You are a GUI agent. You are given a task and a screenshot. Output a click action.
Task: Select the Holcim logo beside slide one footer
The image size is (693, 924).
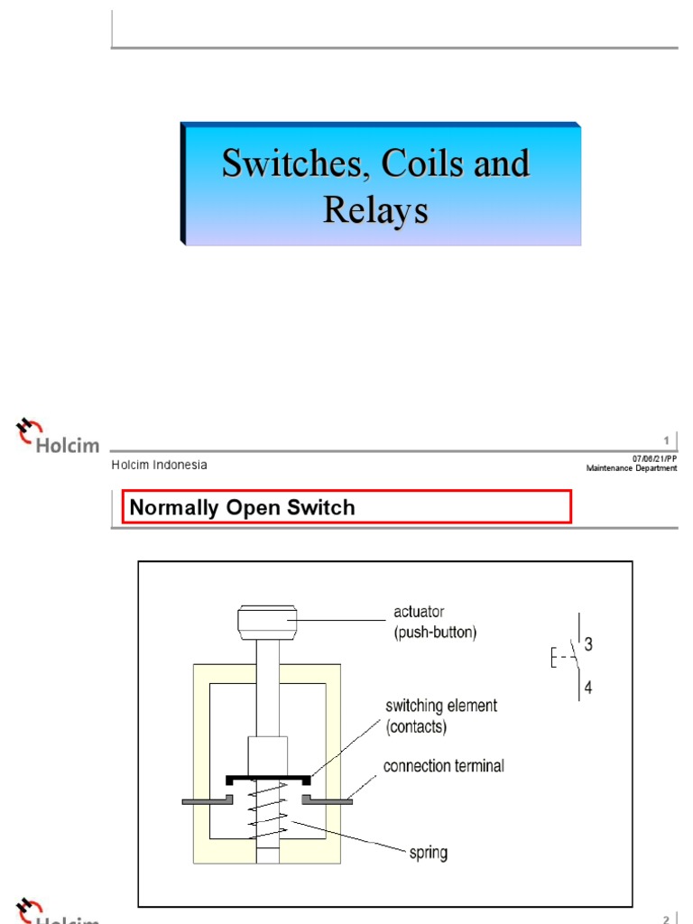tap(56, 437)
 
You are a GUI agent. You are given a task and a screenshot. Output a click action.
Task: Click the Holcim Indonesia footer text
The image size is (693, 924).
tap(159, 465)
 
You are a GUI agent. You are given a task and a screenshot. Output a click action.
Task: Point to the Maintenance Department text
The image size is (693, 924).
tap(631, 468)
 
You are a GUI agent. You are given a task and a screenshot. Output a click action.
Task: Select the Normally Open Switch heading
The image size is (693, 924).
tap(242, 507)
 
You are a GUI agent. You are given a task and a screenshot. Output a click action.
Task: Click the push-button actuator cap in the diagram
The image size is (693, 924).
tap(267, 621)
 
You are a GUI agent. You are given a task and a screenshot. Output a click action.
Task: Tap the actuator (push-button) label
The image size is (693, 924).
tap(435, 623)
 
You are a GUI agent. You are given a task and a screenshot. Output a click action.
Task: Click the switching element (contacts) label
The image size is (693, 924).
tap(441, 715)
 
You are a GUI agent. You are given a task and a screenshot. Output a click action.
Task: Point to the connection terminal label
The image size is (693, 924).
tap(443, 766)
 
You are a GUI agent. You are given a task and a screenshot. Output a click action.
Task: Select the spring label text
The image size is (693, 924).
tap(427, 852)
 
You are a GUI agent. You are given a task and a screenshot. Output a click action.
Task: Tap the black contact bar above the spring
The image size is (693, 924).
tap(268, 777)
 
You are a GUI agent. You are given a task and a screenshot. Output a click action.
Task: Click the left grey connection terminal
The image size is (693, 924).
tap(208, 799)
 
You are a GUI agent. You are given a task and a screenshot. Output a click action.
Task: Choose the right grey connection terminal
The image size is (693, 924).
tap(327, 799)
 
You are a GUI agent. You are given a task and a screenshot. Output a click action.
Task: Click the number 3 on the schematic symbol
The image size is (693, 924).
tap(588, 644)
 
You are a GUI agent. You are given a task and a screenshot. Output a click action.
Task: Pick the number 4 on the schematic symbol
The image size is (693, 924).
tap(588, 687)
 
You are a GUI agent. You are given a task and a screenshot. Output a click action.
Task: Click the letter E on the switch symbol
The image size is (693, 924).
tap(553, 658)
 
